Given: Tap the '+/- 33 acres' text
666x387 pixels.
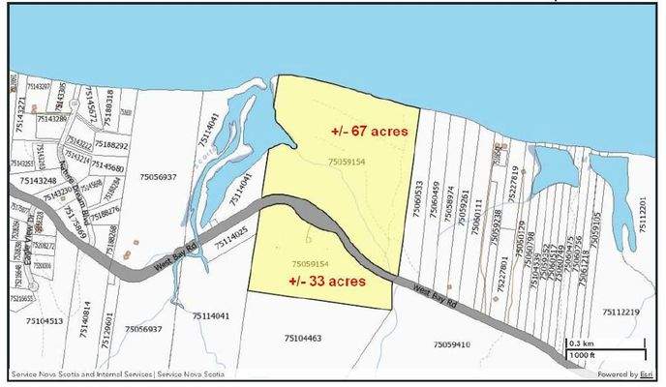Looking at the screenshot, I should (327, 282).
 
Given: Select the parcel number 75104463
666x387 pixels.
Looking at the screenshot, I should (303, 338).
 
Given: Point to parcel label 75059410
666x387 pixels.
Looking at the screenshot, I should (451, 344).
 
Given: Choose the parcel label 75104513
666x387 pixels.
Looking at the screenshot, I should (45, 321).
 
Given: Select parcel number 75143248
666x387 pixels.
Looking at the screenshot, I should (34, 181).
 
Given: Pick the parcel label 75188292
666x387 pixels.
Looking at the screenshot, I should (112, 145).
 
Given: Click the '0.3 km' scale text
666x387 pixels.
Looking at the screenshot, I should (581, 343).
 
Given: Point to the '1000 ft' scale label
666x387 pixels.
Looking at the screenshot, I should (583, 356).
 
